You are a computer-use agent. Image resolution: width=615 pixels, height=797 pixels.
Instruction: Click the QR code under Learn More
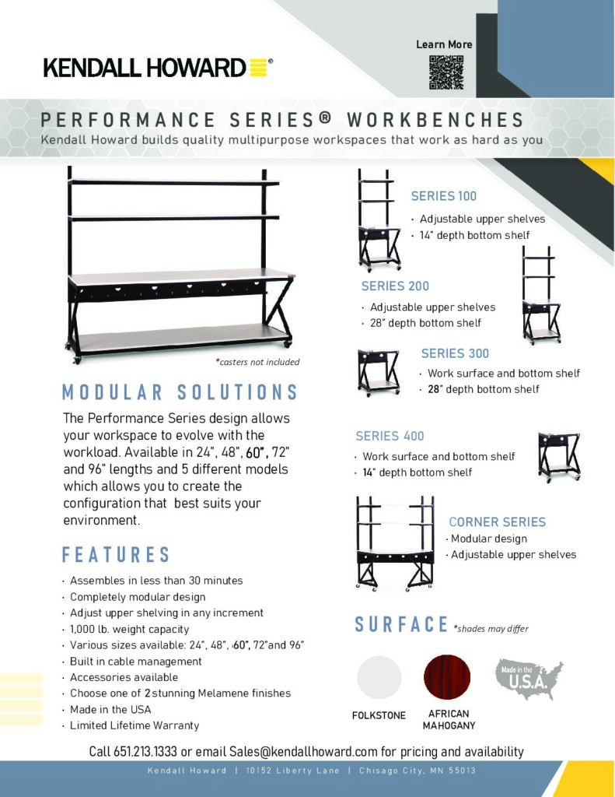pos(446,72)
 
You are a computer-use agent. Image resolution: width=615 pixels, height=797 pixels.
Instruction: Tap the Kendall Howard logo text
pos(145,68)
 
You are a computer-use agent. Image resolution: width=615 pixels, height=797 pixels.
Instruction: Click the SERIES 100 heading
pos(444,196)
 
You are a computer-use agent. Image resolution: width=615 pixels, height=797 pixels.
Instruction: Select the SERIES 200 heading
pos(395,286)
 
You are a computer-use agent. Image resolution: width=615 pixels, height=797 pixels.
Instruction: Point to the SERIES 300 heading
pos(455,353)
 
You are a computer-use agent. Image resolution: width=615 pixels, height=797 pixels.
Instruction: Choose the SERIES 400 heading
pos(390,436)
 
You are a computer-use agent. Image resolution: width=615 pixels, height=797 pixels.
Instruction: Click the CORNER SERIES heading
pos(497,522)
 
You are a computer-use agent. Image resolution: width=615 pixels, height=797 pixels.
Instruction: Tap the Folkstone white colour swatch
pos(379,678)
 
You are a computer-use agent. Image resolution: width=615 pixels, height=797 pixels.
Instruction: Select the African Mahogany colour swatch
pos(447,678)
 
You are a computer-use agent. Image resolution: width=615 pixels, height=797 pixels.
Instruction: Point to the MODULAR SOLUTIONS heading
pos(180,392)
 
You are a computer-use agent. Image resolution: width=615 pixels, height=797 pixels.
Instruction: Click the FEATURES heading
pos(116,554)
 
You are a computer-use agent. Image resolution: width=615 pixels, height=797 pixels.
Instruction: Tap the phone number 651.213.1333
pos(145,751)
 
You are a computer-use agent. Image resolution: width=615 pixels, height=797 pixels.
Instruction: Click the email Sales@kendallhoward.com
pos(303,751)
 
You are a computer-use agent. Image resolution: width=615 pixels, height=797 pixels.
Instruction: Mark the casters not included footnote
pos(257,362)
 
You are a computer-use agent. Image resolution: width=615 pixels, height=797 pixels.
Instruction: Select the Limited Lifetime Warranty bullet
pos(135,725)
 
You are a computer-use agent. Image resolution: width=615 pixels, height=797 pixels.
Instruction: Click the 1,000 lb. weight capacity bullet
pos(130,629)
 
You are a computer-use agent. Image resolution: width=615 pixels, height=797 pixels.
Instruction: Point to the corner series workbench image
pos(395,543)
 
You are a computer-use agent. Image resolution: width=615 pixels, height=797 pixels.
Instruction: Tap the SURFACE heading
pos(401,625)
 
